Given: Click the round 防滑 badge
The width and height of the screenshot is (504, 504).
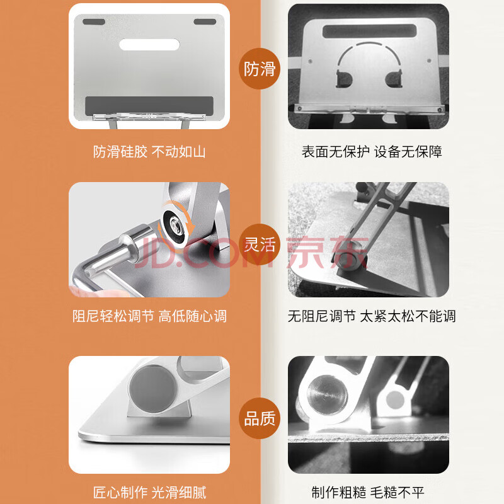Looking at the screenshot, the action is tap(260, 69).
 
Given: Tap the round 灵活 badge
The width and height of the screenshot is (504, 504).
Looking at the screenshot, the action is tap(260, 244).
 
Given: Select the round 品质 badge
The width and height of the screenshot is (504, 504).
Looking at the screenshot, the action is tap(260, 418).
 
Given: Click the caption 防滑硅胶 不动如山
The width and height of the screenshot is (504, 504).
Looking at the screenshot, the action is tap(149, 152).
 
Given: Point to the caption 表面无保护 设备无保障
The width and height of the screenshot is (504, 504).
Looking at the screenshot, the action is tap(372, 152).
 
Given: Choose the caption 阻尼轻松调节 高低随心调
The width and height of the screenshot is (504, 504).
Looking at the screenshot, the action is tap(149, 316).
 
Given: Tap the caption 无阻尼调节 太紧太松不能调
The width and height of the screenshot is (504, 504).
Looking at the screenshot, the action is tap(372, 316).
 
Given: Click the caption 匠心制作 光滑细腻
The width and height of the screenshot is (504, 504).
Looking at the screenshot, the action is tap(149, 493).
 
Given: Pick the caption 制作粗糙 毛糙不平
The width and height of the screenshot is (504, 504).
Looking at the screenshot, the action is tap(368, 493).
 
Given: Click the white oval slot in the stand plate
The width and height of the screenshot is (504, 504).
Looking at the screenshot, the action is tap(149, 44).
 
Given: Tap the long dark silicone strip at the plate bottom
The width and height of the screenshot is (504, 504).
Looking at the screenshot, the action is tap(149, 105).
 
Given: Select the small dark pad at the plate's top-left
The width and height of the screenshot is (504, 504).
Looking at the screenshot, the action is tap(94, 21).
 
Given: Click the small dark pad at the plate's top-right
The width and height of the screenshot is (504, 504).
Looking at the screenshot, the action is tap(205, 21).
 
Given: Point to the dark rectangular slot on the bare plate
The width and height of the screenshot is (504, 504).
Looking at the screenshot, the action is tap(369, 31).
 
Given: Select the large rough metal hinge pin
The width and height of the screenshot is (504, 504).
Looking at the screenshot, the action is tap(327, 394).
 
